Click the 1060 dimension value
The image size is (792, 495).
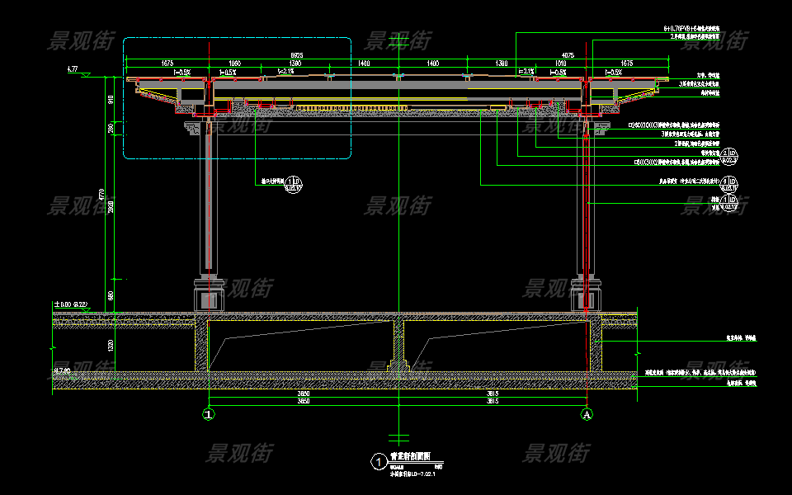tap(234, 63)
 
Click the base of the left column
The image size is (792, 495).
tap(209, 294)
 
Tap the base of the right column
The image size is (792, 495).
tap(585, 294)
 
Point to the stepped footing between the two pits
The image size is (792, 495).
tap(398, 363)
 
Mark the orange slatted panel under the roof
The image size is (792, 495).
tap(328, 108)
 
